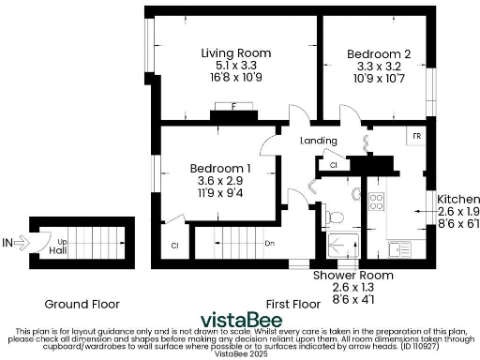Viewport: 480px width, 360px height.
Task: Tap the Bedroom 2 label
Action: (378, 53)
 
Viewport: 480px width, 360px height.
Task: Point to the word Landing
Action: (318, 141)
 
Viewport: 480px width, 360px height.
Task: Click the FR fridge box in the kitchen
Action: (415, 137)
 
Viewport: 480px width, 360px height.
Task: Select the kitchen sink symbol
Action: (398, 248)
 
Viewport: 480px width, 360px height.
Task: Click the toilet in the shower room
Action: (335, 217)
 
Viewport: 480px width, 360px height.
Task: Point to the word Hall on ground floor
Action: (57, 251)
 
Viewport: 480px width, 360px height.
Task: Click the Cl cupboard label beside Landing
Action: (333, 165)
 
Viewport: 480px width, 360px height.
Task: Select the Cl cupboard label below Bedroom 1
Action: (174, 246)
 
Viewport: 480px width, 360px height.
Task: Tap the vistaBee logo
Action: (238, 314)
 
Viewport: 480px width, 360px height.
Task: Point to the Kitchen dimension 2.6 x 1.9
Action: (458, 213)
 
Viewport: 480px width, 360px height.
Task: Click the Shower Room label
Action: (352, 276)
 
